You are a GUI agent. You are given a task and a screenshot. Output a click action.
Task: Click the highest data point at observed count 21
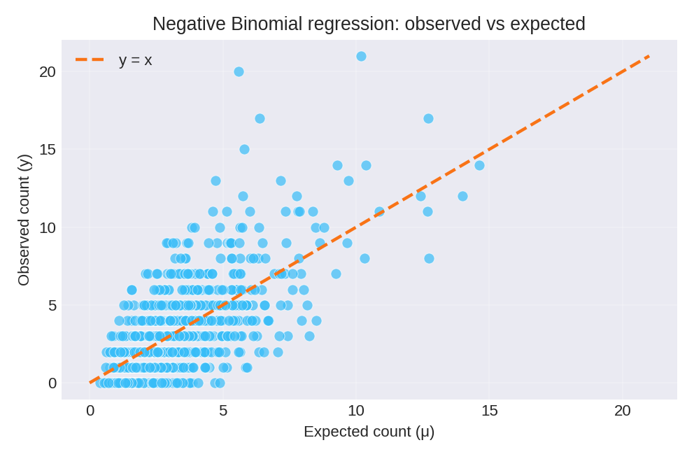361,56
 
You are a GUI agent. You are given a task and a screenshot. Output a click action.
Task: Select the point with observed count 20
239,71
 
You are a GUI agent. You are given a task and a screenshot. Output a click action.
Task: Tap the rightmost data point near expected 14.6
479,165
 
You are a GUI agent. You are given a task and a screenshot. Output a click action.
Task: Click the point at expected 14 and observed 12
462,196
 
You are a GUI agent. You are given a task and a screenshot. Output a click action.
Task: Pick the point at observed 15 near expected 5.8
244,149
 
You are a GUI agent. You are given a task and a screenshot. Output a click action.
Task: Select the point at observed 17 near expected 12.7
428,118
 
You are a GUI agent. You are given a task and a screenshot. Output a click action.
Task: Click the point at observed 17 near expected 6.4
260,118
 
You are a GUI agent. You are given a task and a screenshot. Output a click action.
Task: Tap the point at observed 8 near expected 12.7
429,258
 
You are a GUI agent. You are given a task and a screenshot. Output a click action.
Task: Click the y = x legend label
135,60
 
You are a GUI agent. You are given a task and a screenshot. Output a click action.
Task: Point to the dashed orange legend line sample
90,60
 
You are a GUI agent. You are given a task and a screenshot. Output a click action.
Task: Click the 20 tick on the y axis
48,72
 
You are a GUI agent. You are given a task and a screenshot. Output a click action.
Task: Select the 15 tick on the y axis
48,150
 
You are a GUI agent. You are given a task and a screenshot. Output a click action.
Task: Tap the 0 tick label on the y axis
52,383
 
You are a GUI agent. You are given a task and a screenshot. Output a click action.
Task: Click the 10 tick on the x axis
356,411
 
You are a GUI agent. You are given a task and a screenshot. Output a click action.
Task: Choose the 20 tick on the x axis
622,411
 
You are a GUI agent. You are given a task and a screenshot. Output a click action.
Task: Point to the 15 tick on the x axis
489,411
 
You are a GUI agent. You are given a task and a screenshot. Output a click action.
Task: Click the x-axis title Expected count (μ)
369,432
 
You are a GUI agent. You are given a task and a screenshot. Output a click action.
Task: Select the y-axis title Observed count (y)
24,220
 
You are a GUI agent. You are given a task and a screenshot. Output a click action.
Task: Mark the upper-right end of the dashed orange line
649,56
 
